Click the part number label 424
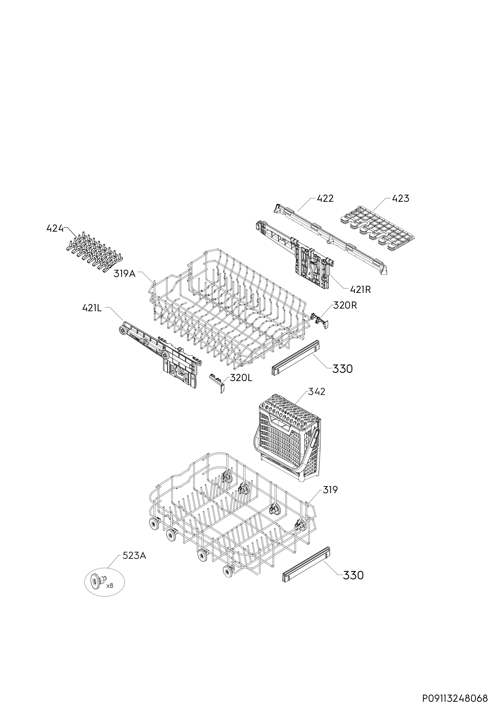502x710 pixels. click(x=55, y=229)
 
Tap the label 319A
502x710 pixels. click(x=125, y=274)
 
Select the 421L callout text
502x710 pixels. click(x=92, y=308)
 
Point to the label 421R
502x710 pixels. click(x=360, y=290)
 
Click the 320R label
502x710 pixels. click(x=345, y=306)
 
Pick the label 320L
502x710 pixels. click(x=241, y=378)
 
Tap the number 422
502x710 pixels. click(x=325, y=199)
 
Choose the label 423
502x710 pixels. click(x=400, y=199)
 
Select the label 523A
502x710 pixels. click(x=134, y=556)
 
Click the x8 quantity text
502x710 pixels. click(x=110, y=586)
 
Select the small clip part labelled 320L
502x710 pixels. click(x=218, y=383)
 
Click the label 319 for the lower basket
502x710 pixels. click(x=330, y=490)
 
